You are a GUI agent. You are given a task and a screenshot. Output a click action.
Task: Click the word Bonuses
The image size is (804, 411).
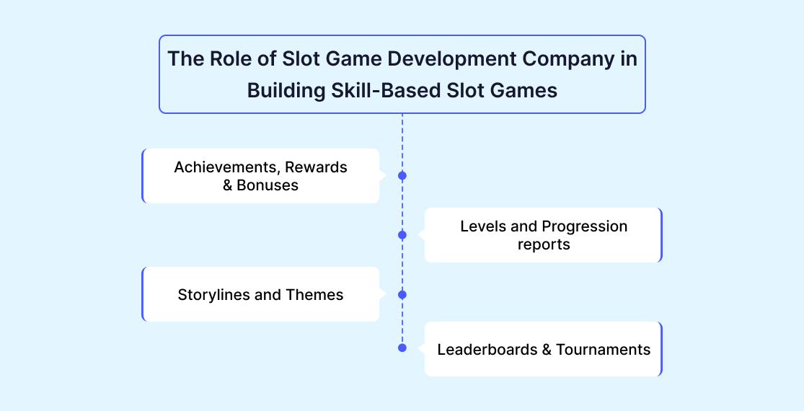point(268,185)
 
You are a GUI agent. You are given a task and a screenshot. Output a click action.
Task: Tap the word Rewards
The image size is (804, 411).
point(316,167)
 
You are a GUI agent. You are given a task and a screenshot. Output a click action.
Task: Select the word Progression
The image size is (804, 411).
point(585,226)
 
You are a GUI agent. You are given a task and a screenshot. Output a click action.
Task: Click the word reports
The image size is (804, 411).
point(544,245)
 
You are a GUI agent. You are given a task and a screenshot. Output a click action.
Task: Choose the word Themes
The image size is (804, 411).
point(315,295)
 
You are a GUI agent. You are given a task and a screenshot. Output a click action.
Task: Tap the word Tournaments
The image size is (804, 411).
point(604,350)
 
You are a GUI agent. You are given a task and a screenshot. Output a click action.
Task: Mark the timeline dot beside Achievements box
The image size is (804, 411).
point(402,176)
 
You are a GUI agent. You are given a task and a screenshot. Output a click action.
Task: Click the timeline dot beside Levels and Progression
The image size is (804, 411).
point(402,235)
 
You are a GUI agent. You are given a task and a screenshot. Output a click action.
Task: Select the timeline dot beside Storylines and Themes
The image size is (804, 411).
point(402,295)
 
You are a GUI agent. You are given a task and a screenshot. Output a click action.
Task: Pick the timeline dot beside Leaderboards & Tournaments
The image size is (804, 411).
point(402,348)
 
